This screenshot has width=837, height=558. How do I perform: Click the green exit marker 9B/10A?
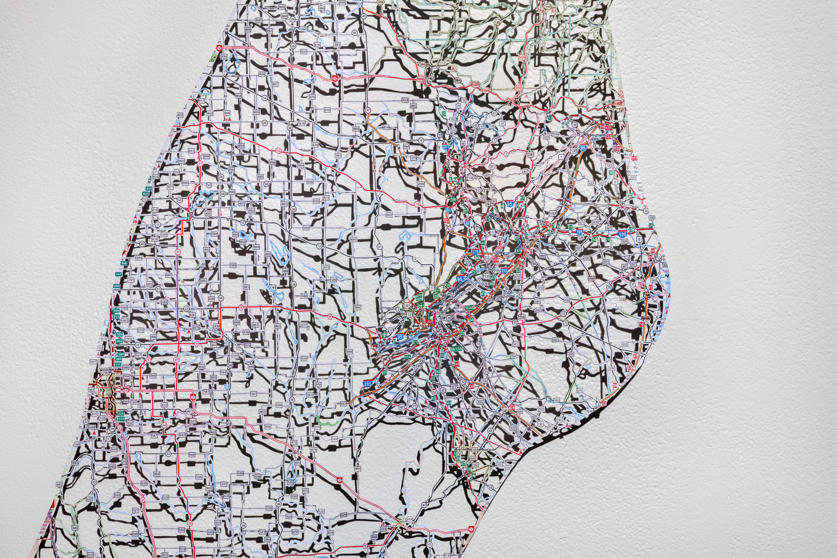point(456,348)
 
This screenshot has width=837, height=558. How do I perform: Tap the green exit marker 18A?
point(407,357)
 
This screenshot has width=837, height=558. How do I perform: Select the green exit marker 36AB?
point(469,307)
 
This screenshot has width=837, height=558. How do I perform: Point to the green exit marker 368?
point(124,263)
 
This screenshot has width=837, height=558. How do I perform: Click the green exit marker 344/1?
point(420,304)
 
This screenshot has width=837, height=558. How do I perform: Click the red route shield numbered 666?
point(420,79)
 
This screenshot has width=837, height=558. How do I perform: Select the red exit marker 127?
point(608,128)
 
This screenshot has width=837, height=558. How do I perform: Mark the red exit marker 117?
point(634,158)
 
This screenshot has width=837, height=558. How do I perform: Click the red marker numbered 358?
point(495,260)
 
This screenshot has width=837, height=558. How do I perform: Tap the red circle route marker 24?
point(164,425)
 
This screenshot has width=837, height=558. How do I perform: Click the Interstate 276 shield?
point(476,252)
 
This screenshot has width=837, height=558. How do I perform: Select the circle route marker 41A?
point(409,520)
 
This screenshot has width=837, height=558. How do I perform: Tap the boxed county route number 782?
point(106,373)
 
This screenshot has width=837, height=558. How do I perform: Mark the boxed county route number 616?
point(540,287)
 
